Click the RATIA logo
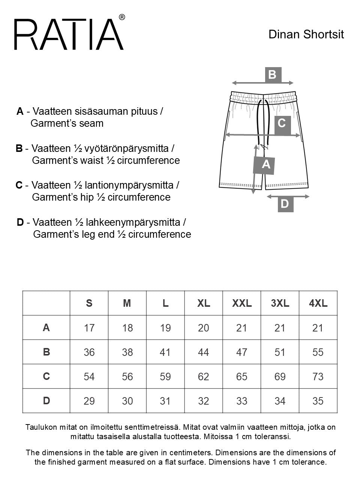pyautogui.click(x=69, y=34)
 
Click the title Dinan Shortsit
pyautogui.click(x=306, y=34)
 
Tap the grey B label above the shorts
pyautogui.click(x=273, y=75)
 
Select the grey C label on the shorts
pyautogui.click(x=282, y=123)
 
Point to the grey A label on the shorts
pyautogui.click(x=265, y=164)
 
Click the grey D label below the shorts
pyautogui.click(x=285, y=204)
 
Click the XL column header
pyautogui.click(x=204, y=303)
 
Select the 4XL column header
pyautogui.click(x=318, y=303)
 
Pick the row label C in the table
pyautogui.click(x=46, y=376)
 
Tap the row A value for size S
pyautogui.click(x=89, y=328)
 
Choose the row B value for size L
pyautogui.click(x=165, y=352)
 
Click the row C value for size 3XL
pyautogui.click(x=280, y=376)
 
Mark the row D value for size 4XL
pyautogui.click(x=318, y=401)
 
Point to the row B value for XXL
pyautogui.click(x=242, y=352)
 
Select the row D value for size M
pyautogui.click(x=127, y=401)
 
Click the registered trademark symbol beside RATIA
pyautogui.click(x=122, y=17)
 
